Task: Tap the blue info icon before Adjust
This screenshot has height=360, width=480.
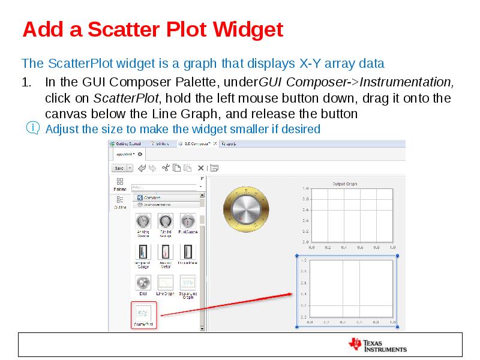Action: pyautogui.click(x=34, y=128)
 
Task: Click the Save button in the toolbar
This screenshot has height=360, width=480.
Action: pyautogui.click(x=119, y=168)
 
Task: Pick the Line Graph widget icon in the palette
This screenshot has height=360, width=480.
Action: pyautogui.click(x=165, y=282)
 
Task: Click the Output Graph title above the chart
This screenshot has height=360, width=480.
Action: pyautogui.click(x=345, y=184)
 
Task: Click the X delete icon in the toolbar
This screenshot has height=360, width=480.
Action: pyautogui.click(x=201, y=168)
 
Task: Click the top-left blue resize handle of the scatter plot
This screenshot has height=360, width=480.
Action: pyautogui.click(x=297, y=256)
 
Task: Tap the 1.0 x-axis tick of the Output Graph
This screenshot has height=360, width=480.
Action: pyautogui.click(x=392, y=247)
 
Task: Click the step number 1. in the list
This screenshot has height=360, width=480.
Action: pyautogui.click(x=27, y=82)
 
